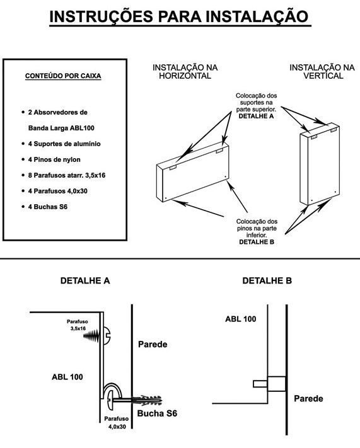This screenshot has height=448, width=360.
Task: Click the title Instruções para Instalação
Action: click(x=180, y=17)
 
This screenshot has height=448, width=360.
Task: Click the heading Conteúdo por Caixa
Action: click(x=63, y=76)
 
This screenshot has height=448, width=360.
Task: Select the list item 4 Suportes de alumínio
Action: click(x=64, y=144)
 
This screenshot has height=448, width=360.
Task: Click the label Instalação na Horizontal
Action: click(x=185, y=72)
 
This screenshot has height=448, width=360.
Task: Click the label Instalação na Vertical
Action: click(x=322, y=72)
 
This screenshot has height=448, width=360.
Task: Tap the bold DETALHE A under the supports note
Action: click(x=256, y=117)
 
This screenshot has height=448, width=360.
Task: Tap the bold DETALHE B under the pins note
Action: click(x=257, y=242)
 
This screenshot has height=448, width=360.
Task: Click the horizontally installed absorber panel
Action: click(x=193, y=172)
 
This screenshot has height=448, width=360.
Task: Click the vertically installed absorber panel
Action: click(x=320, y=164)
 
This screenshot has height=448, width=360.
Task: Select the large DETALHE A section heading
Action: click(x=85, y=280)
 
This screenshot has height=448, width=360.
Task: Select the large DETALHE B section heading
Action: click(x=267, y=280)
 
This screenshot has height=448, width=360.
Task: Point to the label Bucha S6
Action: click(x=157, y=413)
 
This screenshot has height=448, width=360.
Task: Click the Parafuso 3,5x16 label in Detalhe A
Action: click(x=78, y=325)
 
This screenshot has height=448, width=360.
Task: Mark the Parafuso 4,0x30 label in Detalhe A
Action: click(x=117, y=423)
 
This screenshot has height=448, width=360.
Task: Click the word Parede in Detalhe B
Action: click(x=308, y=399)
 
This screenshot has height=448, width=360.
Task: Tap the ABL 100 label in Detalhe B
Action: click(x=240, y=319)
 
